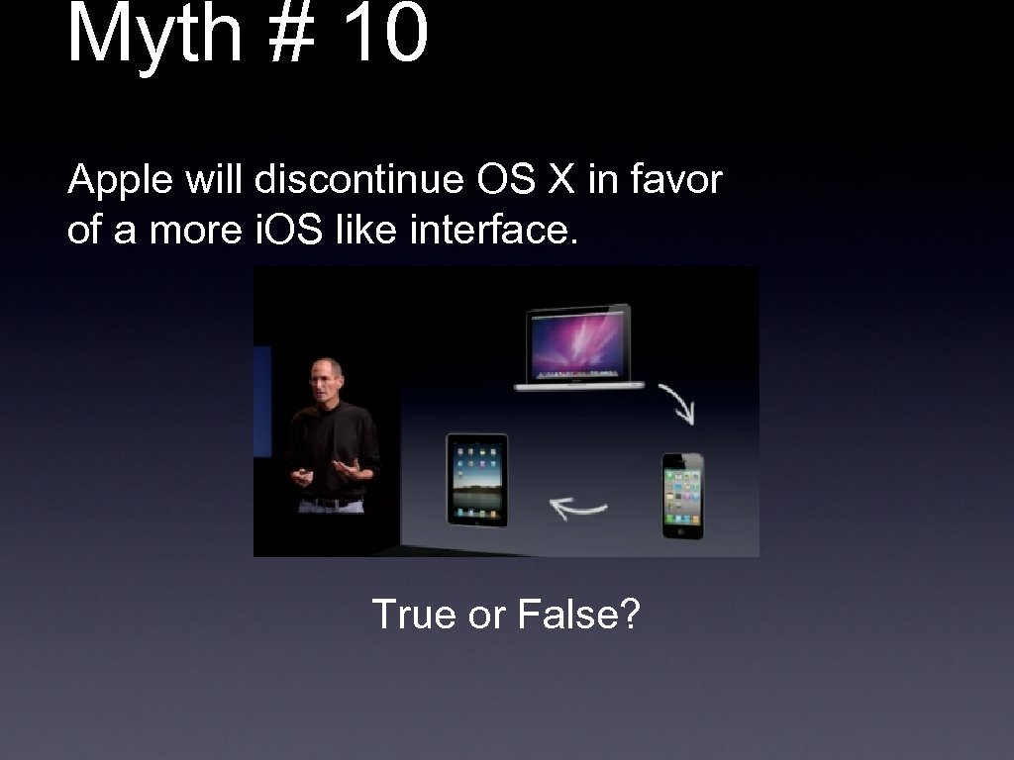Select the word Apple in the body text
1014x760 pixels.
pos(108,182)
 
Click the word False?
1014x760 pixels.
pos(579,615)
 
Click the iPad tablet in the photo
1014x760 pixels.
pos(476,479)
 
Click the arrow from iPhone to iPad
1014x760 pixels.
pos(578,509)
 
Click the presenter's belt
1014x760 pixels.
pos(330,504)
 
